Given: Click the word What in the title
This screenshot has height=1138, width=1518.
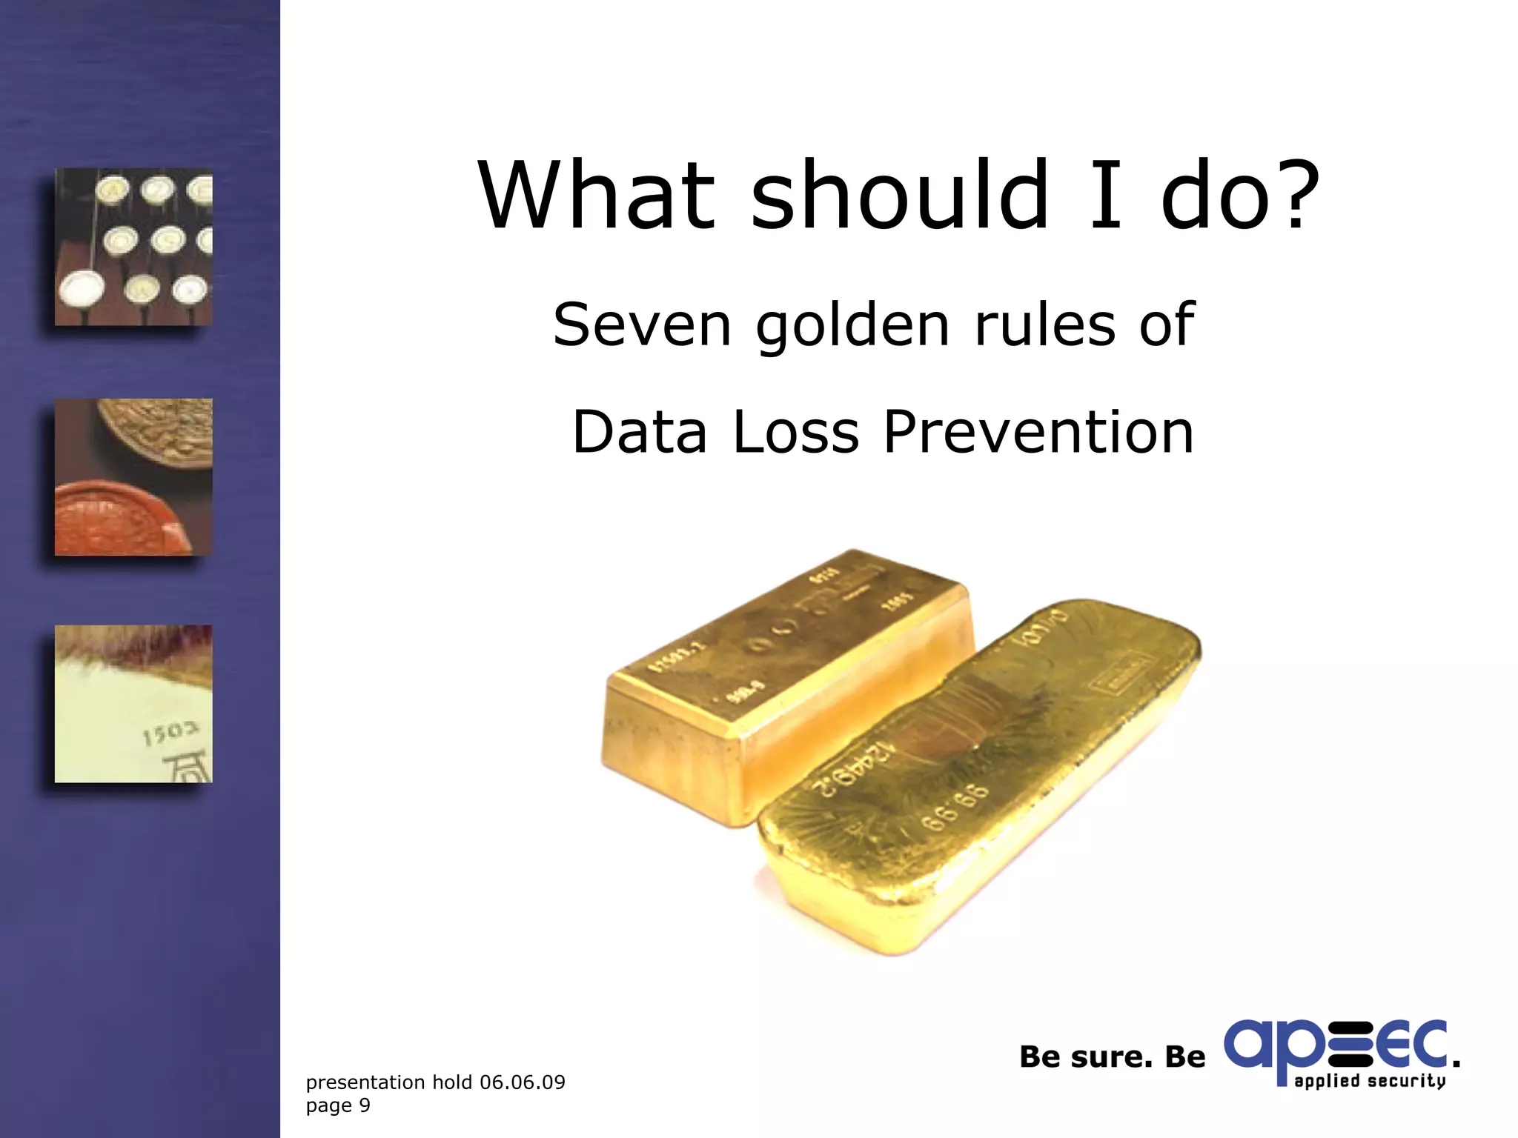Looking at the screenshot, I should click(x=597, y=196).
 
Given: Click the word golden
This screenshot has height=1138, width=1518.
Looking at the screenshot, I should click(x=852, y=326).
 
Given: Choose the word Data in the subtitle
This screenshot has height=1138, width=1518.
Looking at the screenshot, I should click(x=640, y=432).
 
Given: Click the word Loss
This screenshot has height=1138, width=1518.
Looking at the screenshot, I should click(x=795, y=432).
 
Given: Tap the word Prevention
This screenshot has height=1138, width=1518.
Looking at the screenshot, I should click(x=1038, y=432).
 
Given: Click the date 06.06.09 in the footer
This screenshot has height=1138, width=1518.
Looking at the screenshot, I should click(x=522, y=1082).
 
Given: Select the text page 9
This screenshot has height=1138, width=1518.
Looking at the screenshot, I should click(x=338, y=1105).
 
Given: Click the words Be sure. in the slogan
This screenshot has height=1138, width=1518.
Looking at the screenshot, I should click(x=1086, y=1057).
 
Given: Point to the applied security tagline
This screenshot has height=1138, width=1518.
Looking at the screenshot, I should click(x=1370, y=1081).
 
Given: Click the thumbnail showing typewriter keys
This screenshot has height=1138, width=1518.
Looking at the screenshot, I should click(x=133, y=247).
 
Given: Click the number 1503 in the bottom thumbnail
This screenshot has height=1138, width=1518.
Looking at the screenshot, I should click(x=170, y=733).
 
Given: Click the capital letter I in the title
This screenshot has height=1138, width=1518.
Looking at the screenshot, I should click(x=1105, y=196).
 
